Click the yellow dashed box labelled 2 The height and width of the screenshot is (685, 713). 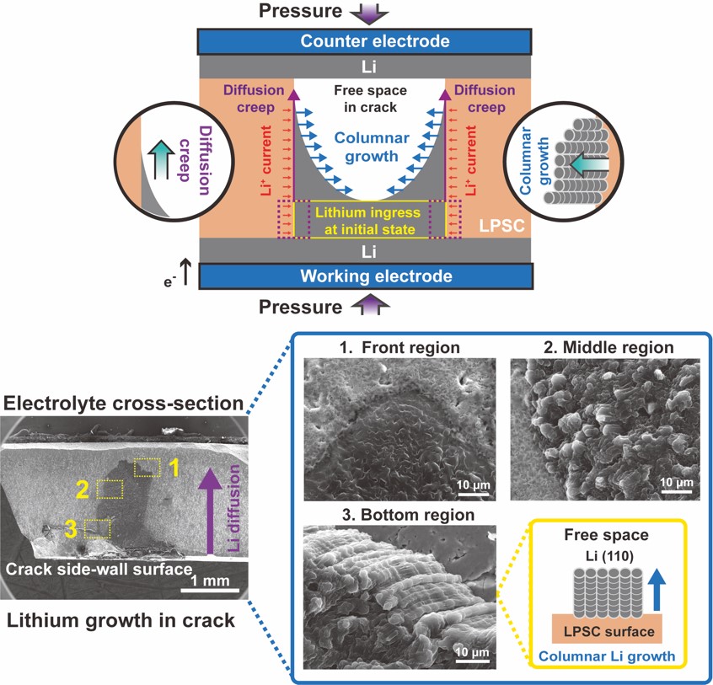(110, 490)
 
